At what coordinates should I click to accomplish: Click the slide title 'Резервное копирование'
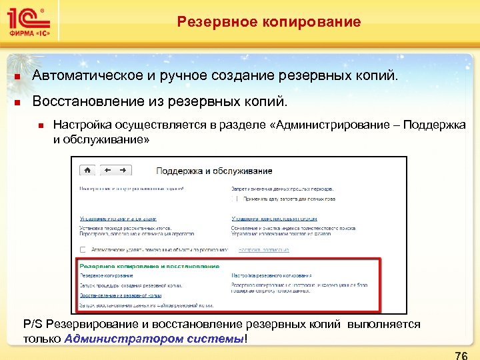tap(269, 22)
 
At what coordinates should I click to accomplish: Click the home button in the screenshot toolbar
tap(88, 169)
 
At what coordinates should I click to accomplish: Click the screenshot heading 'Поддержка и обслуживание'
tap(214, 171)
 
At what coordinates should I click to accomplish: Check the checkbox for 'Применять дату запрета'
tap(235, 199)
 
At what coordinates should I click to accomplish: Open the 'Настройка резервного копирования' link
tap(271, 275)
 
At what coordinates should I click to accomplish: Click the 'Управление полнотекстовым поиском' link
tap(274, 218)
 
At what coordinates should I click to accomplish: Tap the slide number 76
tap(460, 355)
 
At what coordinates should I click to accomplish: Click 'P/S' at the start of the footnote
tap(32, 325)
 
